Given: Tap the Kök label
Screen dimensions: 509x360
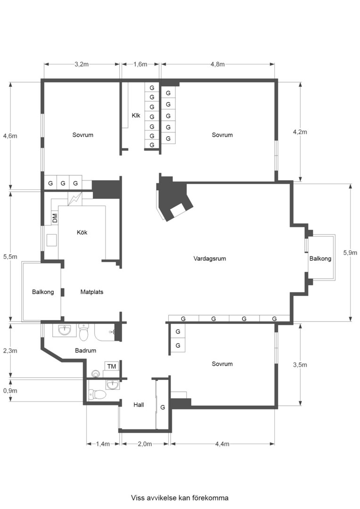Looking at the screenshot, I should (82, 232).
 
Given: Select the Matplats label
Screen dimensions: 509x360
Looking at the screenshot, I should (91, 292).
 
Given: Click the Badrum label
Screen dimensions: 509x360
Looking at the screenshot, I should (85, 351).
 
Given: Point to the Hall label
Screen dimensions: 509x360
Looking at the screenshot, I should (139, 405).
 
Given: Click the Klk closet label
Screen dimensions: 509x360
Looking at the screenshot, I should (136, 115).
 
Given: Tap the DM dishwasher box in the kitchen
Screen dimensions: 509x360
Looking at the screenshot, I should (55, 218).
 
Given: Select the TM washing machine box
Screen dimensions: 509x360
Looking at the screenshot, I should (112, 366).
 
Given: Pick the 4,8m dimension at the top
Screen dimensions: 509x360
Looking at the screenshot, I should (217, 65).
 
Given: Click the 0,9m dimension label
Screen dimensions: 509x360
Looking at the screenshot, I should (9, 391).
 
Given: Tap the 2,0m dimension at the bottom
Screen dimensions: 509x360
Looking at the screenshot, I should (145, 444).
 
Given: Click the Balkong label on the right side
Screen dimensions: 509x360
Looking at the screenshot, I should (320, 259).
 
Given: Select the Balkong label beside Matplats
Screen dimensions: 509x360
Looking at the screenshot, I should (43, 292).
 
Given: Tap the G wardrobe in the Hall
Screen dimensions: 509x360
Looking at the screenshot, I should (163, 407).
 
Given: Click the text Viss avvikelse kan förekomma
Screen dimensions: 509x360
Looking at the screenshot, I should (180, 498).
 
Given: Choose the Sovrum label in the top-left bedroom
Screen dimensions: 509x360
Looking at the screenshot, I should (83, 135).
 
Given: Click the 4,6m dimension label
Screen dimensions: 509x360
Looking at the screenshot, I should (9, 136).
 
